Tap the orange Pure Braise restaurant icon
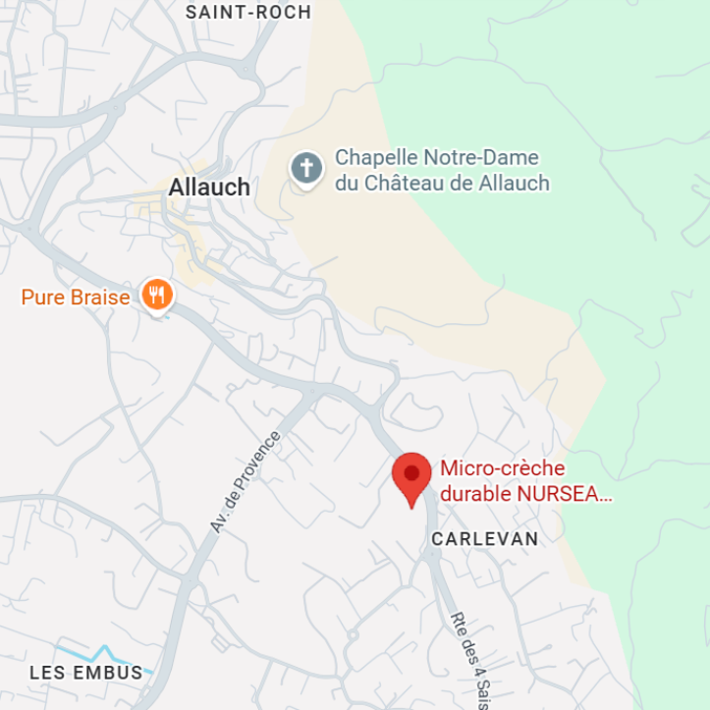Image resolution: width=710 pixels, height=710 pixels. click(x=156, y=295)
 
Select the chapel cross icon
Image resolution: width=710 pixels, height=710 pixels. click(x=306, y=168)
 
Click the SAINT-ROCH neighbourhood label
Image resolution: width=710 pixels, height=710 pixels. click(x=248, y=12)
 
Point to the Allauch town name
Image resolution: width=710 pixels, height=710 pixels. click(x=209, y=187)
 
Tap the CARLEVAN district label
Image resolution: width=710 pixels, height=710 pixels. click(x=485, y=539)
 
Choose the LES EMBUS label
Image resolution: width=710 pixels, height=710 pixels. click(x=86, y=673)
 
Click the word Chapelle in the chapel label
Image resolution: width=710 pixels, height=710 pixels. click(x=376, y=157)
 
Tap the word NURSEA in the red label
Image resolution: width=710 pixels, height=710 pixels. click(x=564, y=494)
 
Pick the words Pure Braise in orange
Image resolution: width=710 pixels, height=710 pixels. click(x=76, y=296)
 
